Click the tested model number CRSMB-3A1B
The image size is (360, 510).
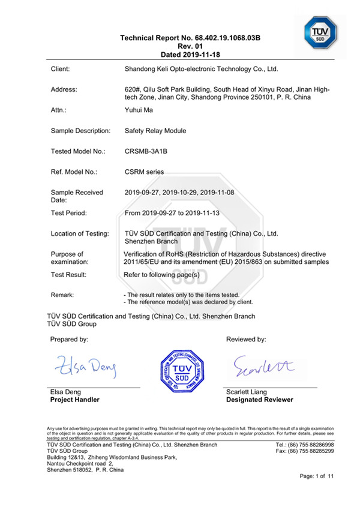pos(146,151)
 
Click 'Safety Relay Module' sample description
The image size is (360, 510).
pos(155,130)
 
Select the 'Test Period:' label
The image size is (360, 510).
pos(69,213)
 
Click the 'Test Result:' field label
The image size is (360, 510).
pos(68,275)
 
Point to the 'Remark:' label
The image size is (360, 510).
pos(62,295)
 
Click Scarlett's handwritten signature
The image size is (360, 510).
pos(255,364)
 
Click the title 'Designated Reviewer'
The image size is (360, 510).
pos(259,400)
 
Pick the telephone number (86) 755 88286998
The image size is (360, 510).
pos(308,445)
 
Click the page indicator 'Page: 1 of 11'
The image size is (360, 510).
pos(316,476)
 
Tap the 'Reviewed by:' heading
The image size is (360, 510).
pos(246,340)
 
